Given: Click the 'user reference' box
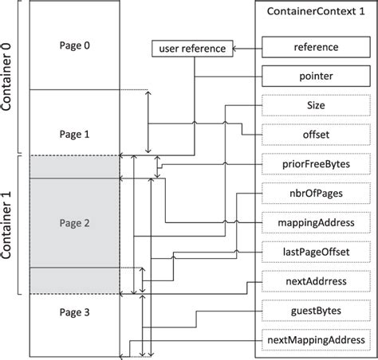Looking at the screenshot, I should (192, 49).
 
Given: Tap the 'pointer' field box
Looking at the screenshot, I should (315, 77).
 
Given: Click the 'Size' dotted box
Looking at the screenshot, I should (315, 105).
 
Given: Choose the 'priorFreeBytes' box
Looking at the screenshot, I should (315, 164).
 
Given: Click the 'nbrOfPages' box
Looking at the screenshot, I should (315, 193).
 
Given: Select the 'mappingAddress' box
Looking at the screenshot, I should (315, 222).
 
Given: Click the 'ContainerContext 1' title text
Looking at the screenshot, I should (315, 13).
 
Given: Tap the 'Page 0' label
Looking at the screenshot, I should (75, 45).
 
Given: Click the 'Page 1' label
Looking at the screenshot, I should (75, 135).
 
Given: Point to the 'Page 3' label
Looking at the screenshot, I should (75, 313).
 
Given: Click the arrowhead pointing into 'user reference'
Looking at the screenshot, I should (234, 49).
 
